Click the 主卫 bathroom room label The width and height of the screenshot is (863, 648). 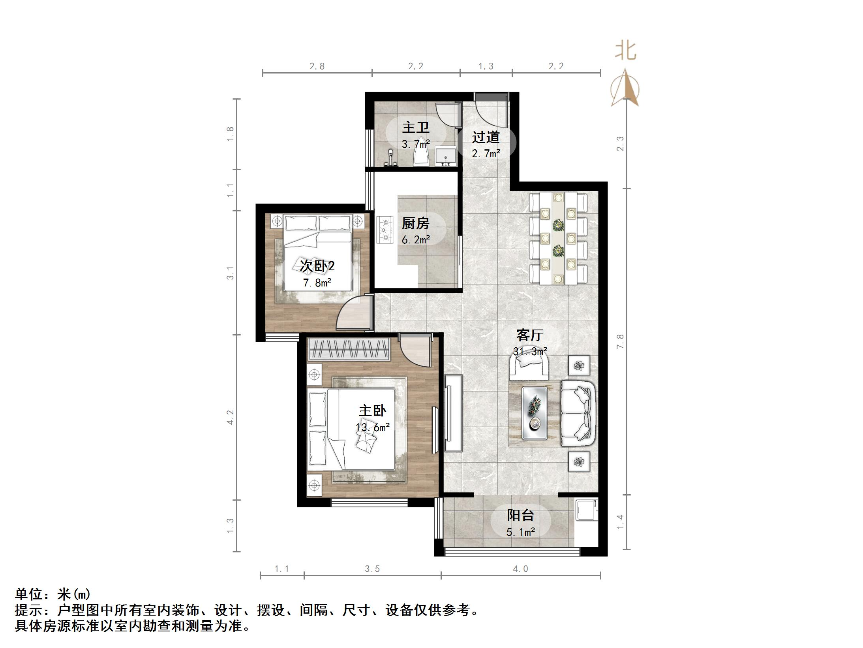415,127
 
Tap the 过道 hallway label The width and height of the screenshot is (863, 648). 486,137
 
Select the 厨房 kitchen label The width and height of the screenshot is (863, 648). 415,224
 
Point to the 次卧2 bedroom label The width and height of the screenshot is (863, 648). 317,266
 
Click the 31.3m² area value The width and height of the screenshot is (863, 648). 530,351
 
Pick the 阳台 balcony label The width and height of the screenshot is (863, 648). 520,515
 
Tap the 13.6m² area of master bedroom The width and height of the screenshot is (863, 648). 372,427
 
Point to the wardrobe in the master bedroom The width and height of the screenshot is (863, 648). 349,349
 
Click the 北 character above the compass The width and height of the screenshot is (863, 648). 626,51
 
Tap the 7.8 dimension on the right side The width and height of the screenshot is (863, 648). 620,341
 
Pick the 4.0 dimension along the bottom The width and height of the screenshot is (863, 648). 520,569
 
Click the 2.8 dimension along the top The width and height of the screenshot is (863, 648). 317,66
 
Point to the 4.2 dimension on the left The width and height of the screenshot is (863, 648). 230,417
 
